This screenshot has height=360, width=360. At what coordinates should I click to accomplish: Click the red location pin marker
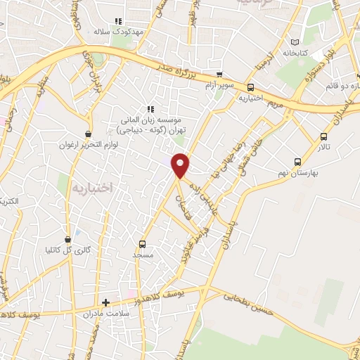[181, 165]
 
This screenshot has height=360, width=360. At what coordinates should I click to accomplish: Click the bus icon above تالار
[323, 136]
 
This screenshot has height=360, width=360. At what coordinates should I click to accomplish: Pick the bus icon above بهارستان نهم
[298, 162]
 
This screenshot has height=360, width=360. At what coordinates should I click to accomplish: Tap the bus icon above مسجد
[142, 244]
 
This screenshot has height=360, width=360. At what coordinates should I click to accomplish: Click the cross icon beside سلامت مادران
[105, 303]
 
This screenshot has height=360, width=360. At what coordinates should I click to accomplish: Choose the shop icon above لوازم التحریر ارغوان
[88, 134]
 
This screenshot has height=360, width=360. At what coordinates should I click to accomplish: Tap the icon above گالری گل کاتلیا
[68, 239]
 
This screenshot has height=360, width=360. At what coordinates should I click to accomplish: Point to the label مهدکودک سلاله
[120, 32]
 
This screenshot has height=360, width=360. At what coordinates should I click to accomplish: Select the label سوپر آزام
[219, 84]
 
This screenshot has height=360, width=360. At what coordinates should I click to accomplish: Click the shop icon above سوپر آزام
[219, 74]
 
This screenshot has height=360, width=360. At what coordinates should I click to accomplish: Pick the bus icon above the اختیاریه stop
[250, 87]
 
